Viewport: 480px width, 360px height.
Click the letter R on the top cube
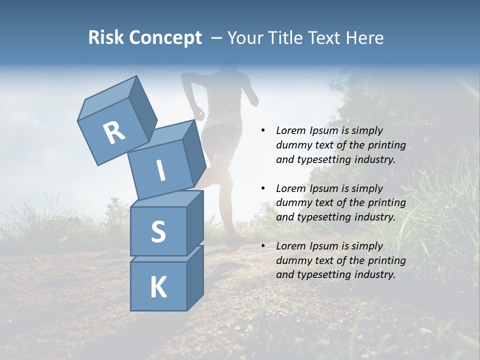[114, 132]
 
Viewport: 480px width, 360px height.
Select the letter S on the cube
[158, 231]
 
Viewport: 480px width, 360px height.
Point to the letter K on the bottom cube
[158, 287]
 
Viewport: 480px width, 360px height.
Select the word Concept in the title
[165, 38]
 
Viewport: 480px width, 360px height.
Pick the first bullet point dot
[263, 130]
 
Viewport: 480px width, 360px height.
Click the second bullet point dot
[263, 188]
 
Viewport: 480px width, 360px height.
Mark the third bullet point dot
[263, 246]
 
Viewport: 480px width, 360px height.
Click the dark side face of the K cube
[195, 278]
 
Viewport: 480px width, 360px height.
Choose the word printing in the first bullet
[387, 145]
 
